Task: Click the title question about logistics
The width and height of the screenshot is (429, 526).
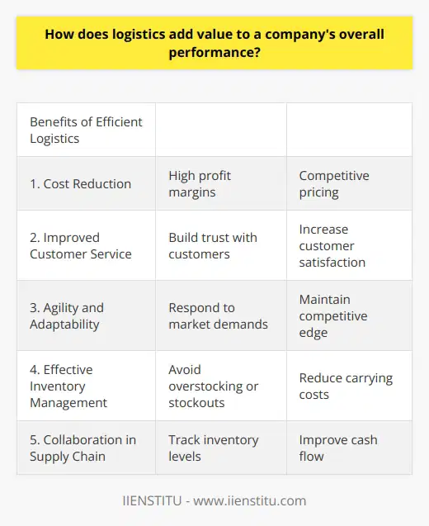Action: (214, 44)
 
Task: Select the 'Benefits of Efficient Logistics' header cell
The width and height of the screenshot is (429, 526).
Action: (86, 130)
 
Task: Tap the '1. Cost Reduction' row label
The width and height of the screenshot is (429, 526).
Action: (81, 183)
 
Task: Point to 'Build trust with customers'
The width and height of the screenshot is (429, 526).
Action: (213, 245)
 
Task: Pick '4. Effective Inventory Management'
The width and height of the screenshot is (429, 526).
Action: (68, 386)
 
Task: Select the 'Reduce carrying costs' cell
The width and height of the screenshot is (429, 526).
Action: (346, 386)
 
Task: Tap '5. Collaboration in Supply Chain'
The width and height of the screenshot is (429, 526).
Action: (82, 448)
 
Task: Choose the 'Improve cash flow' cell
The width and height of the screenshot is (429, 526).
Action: (337, 448)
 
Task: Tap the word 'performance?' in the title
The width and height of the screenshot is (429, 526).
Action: (214, 52)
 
